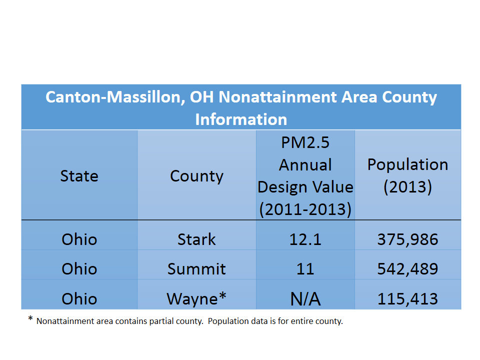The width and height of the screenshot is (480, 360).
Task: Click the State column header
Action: coord(79,176)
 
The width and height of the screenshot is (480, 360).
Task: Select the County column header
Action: coord(197,176)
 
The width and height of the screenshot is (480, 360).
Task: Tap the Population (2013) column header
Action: coord(408,175)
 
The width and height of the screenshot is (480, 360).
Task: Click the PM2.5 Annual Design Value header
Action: coord(305,176)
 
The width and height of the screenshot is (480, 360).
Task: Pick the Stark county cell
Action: coord(197,239)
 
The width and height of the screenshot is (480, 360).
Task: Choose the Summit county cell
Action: coord(197,269)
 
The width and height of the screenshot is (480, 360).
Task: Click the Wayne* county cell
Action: coord(197,298)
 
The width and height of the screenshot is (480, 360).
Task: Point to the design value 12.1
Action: coord(305,239)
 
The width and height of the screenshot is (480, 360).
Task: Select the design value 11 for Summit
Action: coord(305,269)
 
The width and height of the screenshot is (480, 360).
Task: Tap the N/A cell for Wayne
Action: coord(305,299)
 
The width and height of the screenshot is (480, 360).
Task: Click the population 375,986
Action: coord(408,239)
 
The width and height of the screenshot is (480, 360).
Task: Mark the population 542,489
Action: coord(408,269)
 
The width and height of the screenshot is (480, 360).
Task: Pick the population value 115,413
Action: coord(408,299)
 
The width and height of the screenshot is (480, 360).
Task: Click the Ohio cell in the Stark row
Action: coord(79,239)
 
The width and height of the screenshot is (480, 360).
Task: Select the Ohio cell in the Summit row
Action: coord(79,269)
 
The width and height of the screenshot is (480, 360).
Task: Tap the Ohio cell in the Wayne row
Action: coord(79,299)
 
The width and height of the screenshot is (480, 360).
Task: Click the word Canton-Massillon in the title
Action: coord(115,97)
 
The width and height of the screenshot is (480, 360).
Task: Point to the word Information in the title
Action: coord(241,119)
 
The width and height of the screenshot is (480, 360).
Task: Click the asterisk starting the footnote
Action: coord(30,318)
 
